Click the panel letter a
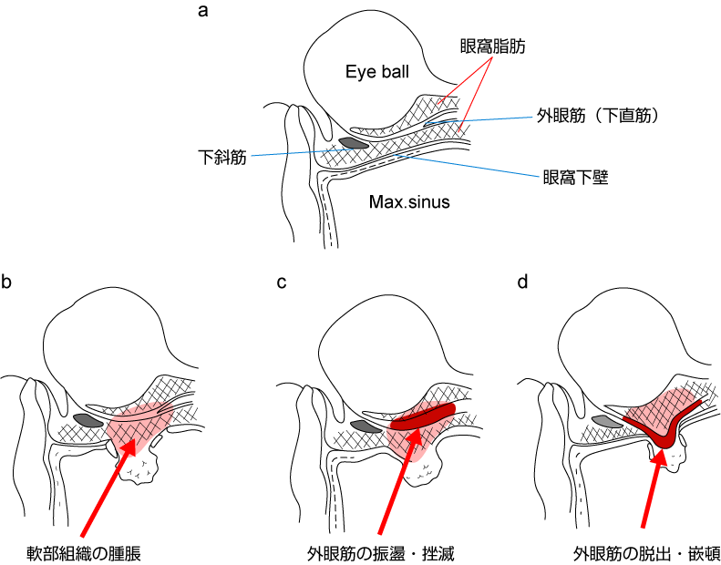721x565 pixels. (203, 12)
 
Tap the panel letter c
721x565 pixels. (282, 282)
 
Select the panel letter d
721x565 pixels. (522, 282)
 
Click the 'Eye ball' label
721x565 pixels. (377, 72)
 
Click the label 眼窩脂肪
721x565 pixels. (493, 44)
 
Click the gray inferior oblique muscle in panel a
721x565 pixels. (354, 143)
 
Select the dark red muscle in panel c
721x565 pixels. (423, 416)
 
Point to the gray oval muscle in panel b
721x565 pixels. (88, 420)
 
